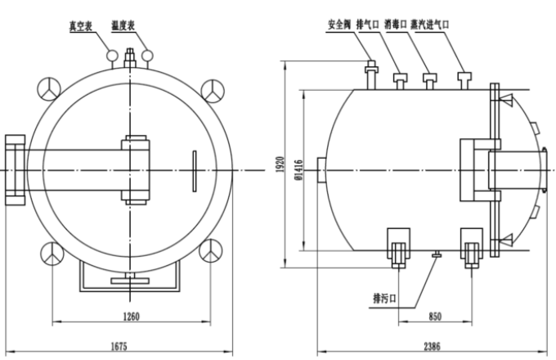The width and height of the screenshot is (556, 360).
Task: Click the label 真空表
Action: click(x=83, y=24)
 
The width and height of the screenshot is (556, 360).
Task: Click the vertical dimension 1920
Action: click(x=279, y=166)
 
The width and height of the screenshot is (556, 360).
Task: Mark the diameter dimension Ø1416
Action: click(x=298, y=169)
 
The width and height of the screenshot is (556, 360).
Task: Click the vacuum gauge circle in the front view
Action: click(x=111, y=55)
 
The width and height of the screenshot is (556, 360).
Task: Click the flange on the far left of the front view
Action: click(x=14, y=169)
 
